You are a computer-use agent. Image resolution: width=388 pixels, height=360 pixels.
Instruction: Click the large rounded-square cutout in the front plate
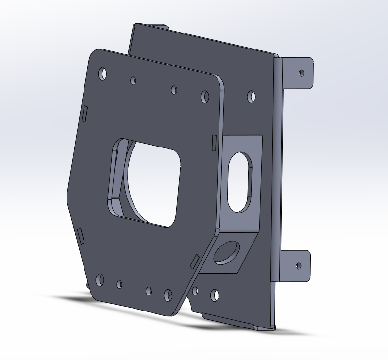[146, 182]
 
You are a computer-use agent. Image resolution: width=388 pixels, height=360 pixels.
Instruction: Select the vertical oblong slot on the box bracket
[239, 182]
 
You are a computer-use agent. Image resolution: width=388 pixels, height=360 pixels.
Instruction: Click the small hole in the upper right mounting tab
[301, 73]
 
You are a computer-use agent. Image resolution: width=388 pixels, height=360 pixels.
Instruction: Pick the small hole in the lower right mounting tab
[298, 265]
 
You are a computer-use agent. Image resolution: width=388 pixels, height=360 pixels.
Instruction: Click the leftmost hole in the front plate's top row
[103, 73]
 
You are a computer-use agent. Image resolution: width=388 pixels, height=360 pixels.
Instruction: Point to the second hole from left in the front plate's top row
[133, 81]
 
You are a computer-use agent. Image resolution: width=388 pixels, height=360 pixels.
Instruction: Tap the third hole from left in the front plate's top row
[174, 90]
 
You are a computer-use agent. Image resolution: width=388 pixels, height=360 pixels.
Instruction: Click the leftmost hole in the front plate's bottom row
[100, 279]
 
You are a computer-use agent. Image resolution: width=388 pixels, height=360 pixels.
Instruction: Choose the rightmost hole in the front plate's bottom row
[168, 295]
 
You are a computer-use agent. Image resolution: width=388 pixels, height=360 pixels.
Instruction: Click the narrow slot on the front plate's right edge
[214, 142]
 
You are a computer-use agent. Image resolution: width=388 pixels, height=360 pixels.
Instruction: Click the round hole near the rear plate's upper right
[251, 96]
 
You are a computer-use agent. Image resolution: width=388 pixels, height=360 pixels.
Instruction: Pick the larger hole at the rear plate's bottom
[214, 295]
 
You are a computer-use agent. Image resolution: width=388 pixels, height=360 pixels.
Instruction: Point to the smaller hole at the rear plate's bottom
[195, 291]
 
